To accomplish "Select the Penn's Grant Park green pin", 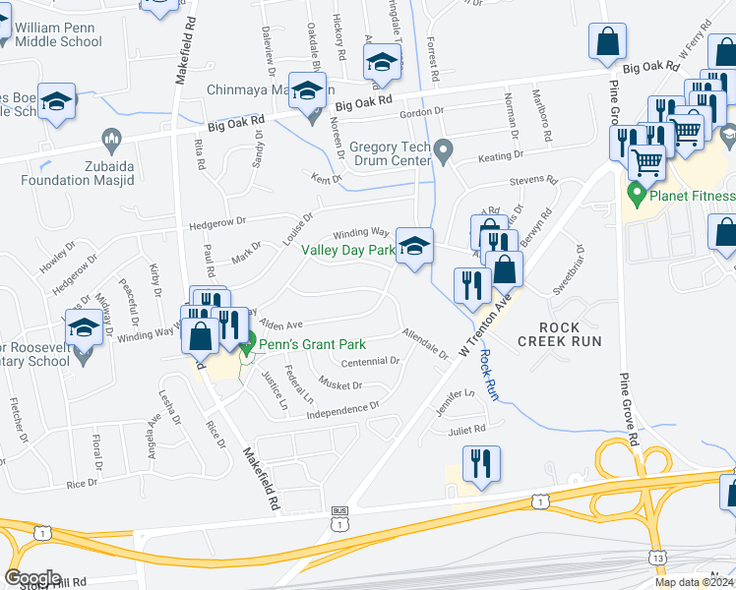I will [248, 344].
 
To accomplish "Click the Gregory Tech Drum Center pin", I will [444, 151].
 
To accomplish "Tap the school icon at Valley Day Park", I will [414, 245].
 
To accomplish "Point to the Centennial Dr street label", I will [369, 361].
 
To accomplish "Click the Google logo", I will [32, 578].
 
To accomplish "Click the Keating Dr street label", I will [500, 156].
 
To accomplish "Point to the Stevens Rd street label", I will [533, 182].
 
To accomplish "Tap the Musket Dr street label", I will [341, 382].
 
